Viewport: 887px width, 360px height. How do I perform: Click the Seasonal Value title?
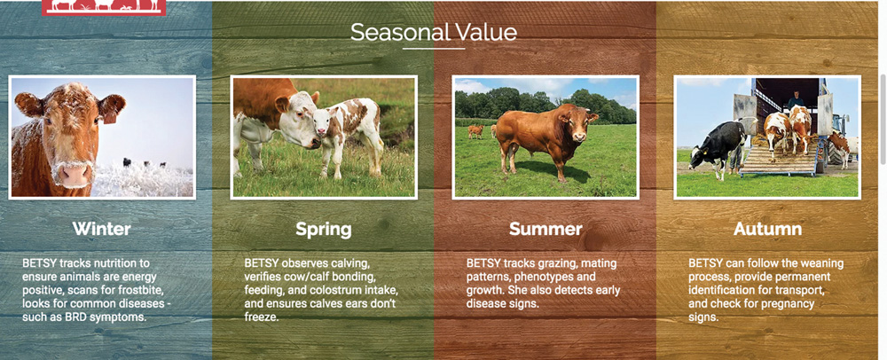(434, 32)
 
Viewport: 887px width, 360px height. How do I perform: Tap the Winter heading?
(102, 229)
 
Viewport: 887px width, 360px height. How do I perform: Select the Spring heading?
(324, 230)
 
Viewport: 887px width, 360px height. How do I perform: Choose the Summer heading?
(546, 229)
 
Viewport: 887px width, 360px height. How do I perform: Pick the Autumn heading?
(767, 229)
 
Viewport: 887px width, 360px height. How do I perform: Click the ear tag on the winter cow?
(110, 116)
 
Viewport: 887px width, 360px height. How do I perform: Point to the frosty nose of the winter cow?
(75, 176)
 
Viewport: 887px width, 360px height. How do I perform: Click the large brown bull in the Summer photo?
(546, 141)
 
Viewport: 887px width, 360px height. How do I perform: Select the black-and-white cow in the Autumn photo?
(719, 146)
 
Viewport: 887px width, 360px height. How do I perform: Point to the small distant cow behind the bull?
(475, 131)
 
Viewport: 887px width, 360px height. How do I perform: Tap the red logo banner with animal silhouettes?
(104, 7)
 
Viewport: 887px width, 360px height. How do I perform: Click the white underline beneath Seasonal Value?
(434, 49)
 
